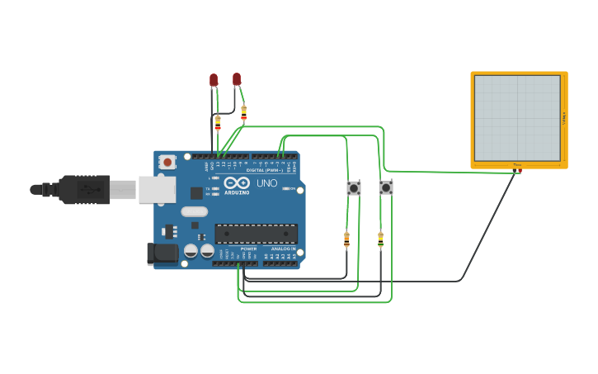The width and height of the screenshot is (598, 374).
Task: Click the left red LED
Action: pyautogui.click(x=214, y=80)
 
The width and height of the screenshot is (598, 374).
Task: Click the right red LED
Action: pyautogui.click(x=237, y=78)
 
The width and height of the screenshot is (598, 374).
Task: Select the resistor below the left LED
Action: pyautogui.click(x=218, y=123)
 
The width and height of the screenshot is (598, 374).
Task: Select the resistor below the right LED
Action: pyautogui.click(x=243, y=112)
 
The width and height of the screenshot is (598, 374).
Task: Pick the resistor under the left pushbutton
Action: pyautogui.click(x=346, y=239)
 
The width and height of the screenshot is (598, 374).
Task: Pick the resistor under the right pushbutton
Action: pyautogui.click(x=380, y=239)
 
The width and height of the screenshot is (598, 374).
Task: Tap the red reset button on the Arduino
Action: pyautogui.click(x=167, y=162)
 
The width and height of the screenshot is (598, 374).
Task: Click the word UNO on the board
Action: pyautogui.click(x=267, y=183)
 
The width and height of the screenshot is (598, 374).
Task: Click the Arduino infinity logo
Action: pyautogui.click(x=237, y=183)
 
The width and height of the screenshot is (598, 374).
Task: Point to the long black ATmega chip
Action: pyautogui.click(x=256, y=234)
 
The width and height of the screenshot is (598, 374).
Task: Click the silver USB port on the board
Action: pyautogui.click(x=157, y=189)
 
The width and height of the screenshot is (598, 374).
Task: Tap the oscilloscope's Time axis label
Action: pyautogui.click(x=517, y=165)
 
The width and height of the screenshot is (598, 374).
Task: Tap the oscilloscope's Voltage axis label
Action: pyautogui.click(x=564, y=118)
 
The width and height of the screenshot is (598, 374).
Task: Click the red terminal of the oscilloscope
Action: pyautogui.click(x=520, y=171)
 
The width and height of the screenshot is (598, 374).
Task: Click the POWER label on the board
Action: pyautogui.click(x=248, y=249)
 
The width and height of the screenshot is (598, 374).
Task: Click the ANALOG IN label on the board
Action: pyautogui.click(x=283, y=249)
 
